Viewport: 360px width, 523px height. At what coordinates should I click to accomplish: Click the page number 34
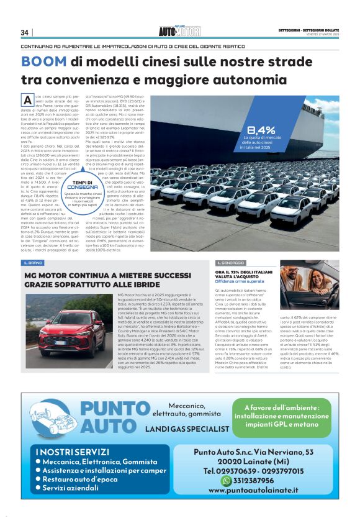click(25, 32)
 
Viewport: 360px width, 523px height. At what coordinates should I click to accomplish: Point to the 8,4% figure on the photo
click(261, 130)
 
